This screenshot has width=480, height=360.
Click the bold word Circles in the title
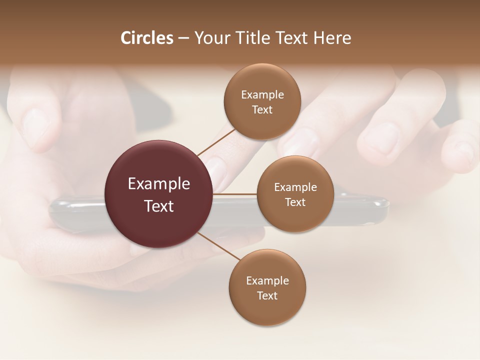[147, 38]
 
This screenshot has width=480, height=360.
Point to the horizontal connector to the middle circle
[235, 194]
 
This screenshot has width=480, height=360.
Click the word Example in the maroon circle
[159, 184]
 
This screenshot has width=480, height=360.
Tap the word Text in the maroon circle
[159, 206]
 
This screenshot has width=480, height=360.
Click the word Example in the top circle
[262, 95]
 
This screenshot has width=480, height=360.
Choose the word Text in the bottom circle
[267, 295]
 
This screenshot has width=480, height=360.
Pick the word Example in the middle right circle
[295, 187]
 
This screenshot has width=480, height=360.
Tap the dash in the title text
[183, 38]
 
